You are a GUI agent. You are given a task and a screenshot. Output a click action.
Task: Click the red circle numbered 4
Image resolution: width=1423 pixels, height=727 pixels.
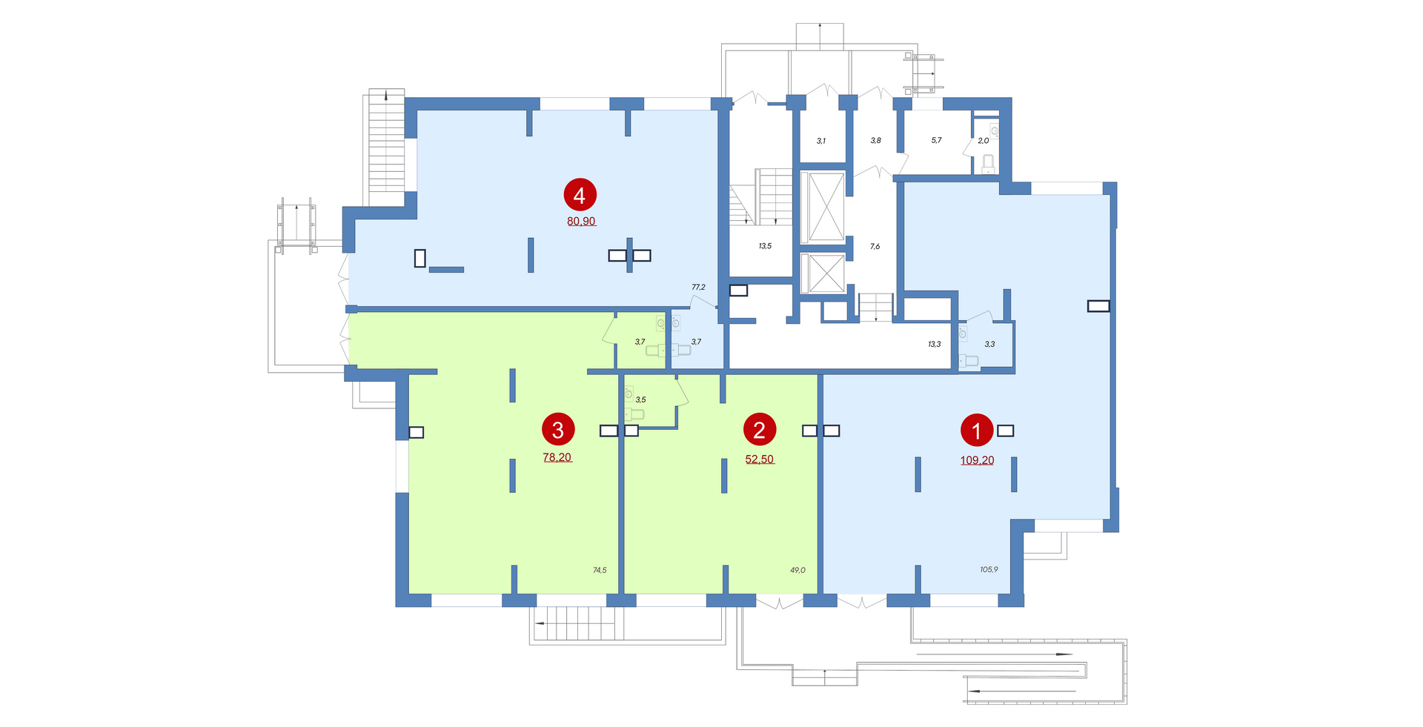(580, 195)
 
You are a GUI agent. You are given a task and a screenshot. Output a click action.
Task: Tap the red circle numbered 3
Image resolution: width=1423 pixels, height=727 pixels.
(558, 430)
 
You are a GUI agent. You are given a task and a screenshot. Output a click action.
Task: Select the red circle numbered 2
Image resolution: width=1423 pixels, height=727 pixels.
(759, 430)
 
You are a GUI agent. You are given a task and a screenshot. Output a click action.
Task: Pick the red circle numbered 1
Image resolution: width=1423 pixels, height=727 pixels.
(977, 431)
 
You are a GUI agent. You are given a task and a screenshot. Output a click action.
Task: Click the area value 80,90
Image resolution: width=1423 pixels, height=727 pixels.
(581, 221)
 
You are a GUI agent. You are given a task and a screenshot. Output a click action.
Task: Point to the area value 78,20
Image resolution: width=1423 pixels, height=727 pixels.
(557, 457)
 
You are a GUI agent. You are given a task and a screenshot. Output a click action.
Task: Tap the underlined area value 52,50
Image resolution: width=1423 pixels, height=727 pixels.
(760, 459)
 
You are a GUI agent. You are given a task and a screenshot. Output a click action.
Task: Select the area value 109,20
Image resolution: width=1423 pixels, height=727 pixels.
(977, 460)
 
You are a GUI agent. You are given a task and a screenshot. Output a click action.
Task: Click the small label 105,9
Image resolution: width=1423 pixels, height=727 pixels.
(989, 570)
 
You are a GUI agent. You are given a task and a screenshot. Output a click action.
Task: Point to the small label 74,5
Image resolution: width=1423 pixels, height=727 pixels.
(600, 570)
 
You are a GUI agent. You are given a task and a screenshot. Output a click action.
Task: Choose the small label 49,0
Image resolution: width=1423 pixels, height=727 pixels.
(797, 570)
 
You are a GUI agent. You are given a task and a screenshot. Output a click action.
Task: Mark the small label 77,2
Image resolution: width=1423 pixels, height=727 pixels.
(698, 287)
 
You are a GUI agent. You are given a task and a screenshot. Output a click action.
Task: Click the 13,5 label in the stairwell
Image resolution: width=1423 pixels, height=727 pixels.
(765, 246)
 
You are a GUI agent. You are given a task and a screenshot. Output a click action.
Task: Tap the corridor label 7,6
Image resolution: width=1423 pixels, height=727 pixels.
(875, 246)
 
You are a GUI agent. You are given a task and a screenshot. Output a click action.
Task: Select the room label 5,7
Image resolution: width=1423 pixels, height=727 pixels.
(936, 140)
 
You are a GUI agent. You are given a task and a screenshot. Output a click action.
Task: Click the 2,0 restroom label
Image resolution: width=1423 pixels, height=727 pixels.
(984, 141)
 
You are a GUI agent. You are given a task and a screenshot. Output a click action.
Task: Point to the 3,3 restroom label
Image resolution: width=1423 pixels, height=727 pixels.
(989, 344)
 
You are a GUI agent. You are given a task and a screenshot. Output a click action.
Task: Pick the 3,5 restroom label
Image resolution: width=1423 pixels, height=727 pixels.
(640, 399)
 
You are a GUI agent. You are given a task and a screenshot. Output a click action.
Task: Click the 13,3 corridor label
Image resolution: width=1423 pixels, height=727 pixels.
(934, 344)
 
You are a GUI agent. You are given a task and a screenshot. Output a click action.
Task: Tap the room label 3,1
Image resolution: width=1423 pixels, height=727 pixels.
(821, 141)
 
